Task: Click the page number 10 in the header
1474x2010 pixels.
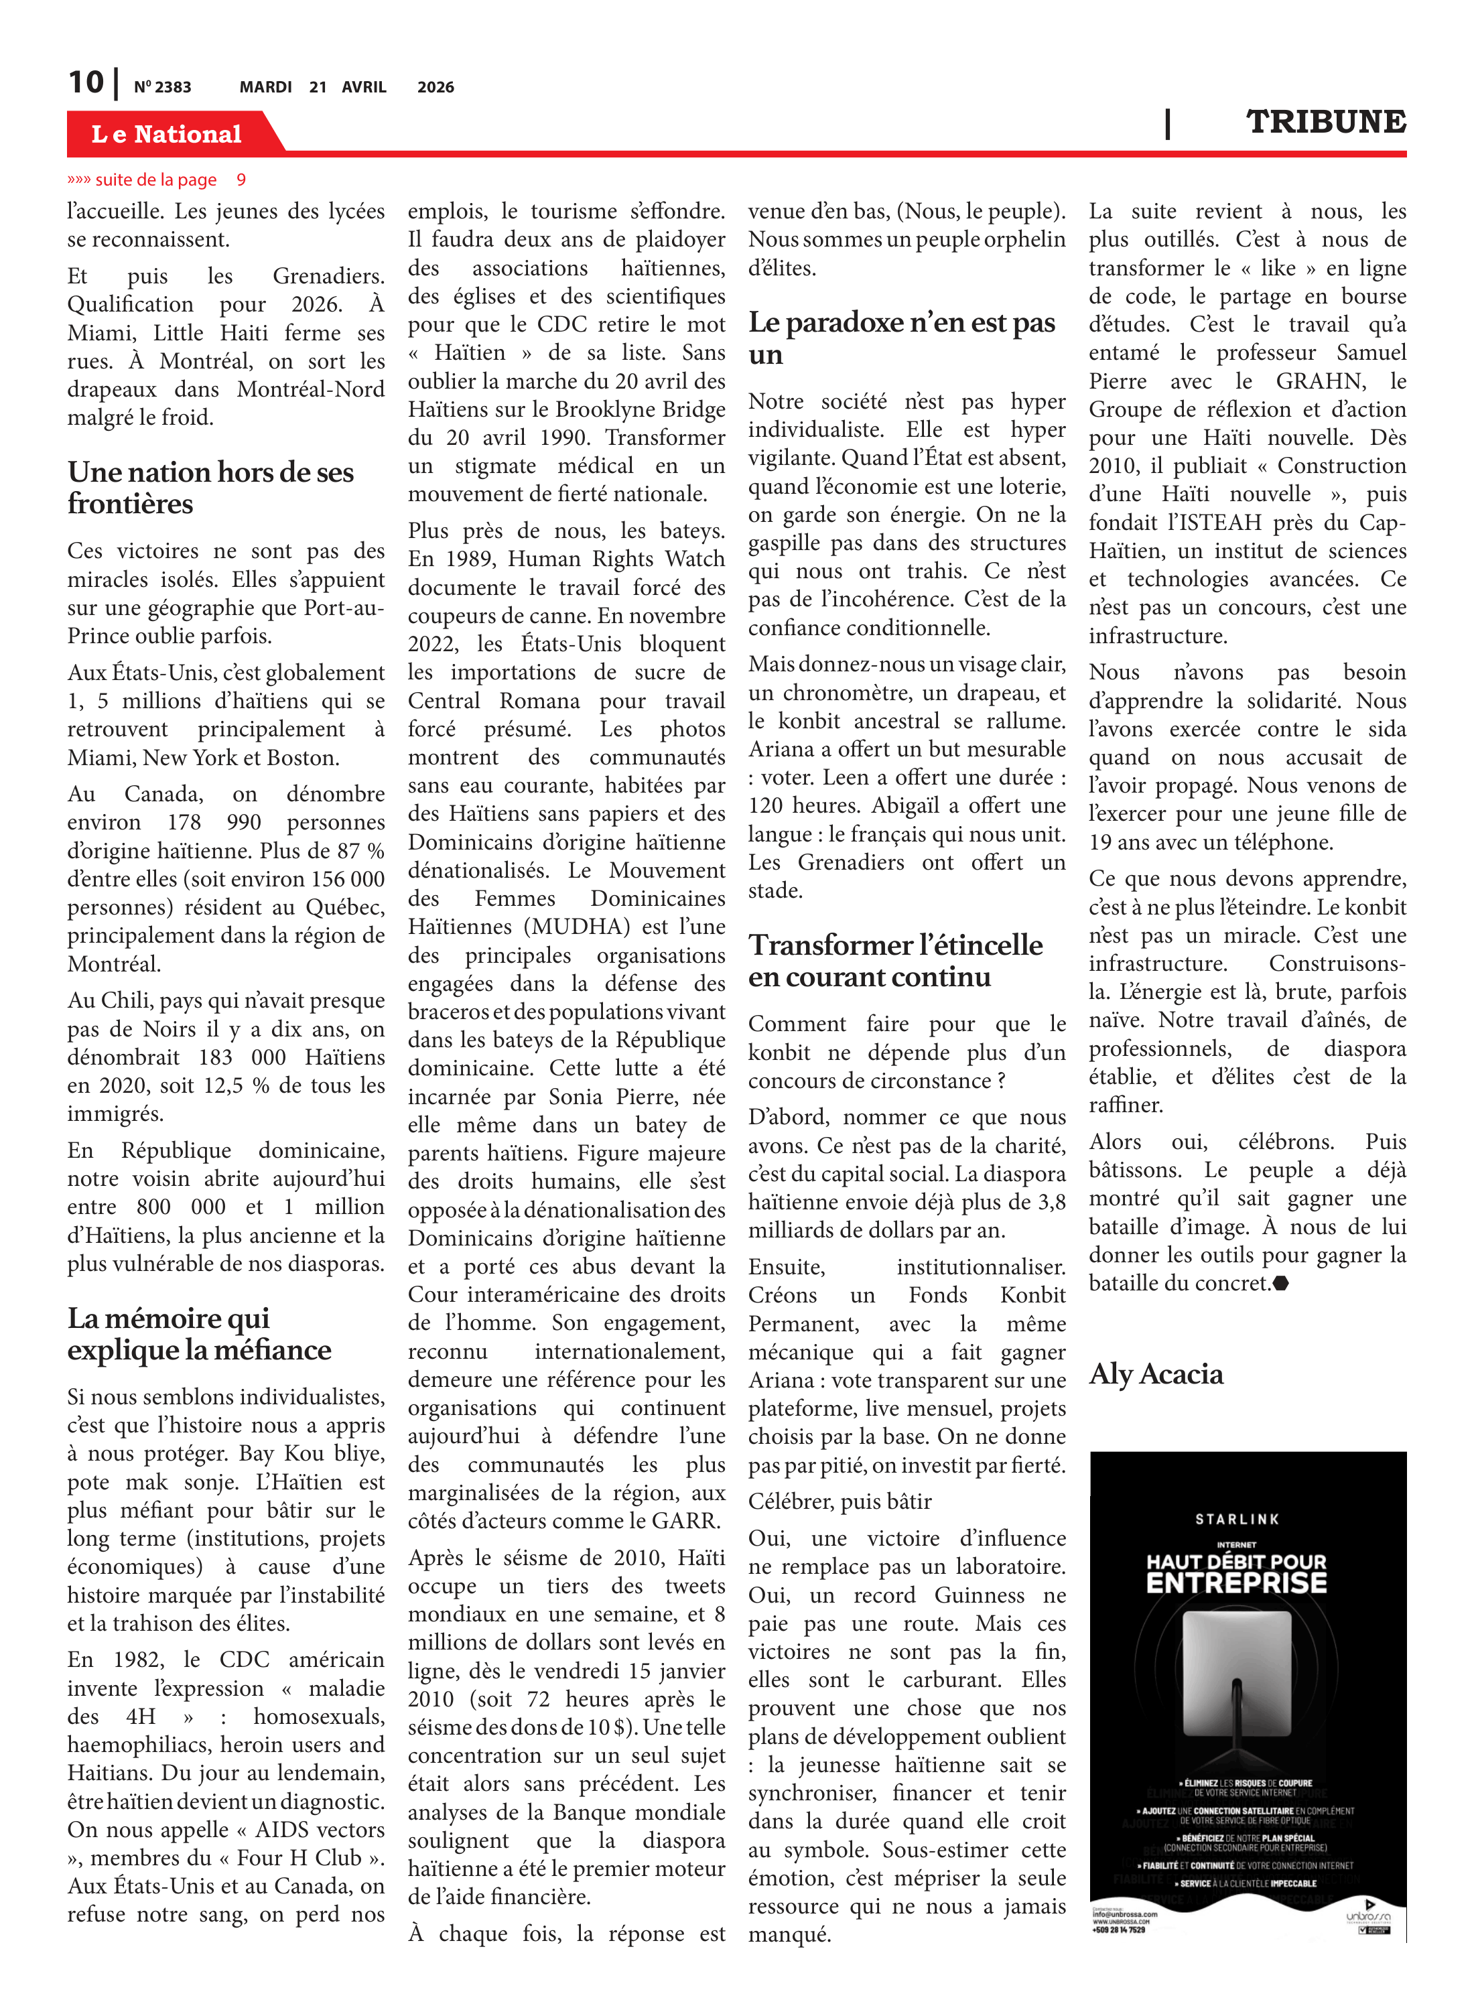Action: (86, 83)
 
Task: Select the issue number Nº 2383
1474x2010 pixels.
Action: (162, 87)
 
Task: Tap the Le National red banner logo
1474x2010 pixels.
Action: (167, 134)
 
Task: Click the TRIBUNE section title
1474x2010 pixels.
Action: (1325, 122)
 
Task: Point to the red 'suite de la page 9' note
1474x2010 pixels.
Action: (156, 180)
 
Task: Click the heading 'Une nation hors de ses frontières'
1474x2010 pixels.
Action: (210, 487)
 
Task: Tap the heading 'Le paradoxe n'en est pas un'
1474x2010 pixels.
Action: (901, 337)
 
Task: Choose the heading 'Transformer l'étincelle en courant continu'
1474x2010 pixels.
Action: (895, 960)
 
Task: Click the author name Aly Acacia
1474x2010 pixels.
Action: (1156, 1374)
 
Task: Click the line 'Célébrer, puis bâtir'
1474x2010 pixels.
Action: (840, 1501)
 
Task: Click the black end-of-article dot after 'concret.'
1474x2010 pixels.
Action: (1280, 1284)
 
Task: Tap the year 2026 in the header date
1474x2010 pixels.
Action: (435, 87)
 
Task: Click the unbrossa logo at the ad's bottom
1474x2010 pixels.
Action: (1368, 1916)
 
